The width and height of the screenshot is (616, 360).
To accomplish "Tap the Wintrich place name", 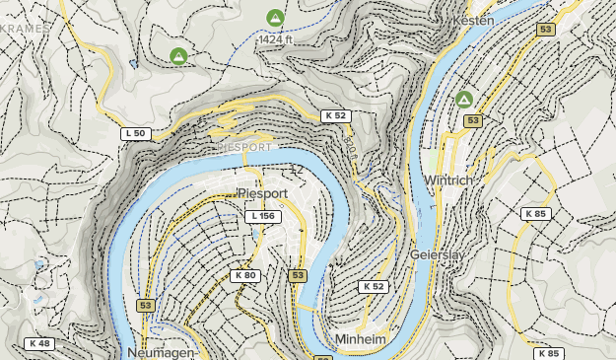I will coord(449,180).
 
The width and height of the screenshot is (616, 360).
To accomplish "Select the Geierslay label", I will coord(438,253).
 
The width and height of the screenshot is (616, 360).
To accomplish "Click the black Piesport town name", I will coord(261,193).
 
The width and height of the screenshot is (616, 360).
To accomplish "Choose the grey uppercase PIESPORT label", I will coord(244,148).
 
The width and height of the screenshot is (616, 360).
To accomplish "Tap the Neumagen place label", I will coord(162,352).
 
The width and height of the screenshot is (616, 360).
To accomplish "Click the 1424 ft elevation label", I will coord(279,39).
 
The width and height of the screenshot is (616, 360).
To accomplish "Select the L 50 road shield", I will coord(135,133).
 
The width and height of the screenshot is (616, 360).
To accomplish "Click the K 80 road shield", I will coord(245,275).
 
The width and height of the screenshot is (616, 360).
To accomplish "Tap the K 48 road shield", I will coord(40,343).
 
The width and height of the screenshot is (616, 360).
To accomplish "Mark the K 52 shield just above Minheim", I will coord(373,286).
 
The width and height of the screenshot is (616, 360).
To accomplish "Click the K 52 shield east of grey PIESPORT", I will coord(336,115).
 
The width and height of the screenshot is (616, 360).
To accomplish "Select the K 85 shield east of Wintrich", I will coord(535,213).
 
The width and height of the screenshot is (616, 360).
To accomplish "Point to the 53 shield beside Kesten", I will coord(545,31).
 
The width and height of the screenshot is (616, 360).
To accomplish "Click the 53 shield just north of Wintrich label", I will coord(473,120).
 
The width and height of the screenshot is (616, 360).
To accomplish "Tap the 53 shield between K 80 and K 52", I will coord(299,275).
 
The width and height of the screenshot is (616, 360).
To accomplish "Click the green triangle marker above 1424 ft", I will coord(275,17).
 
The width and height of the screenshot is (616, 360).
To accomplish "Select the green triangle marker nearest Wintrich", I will coord(463,99).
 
